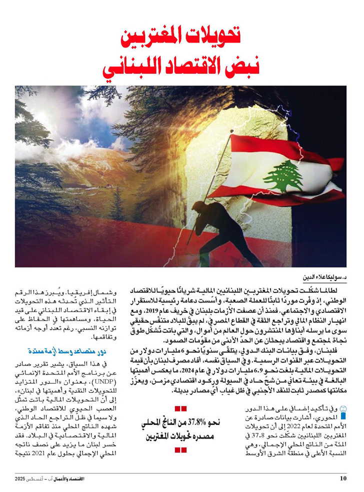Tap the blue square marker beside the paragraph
click(x=342, y=414)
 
